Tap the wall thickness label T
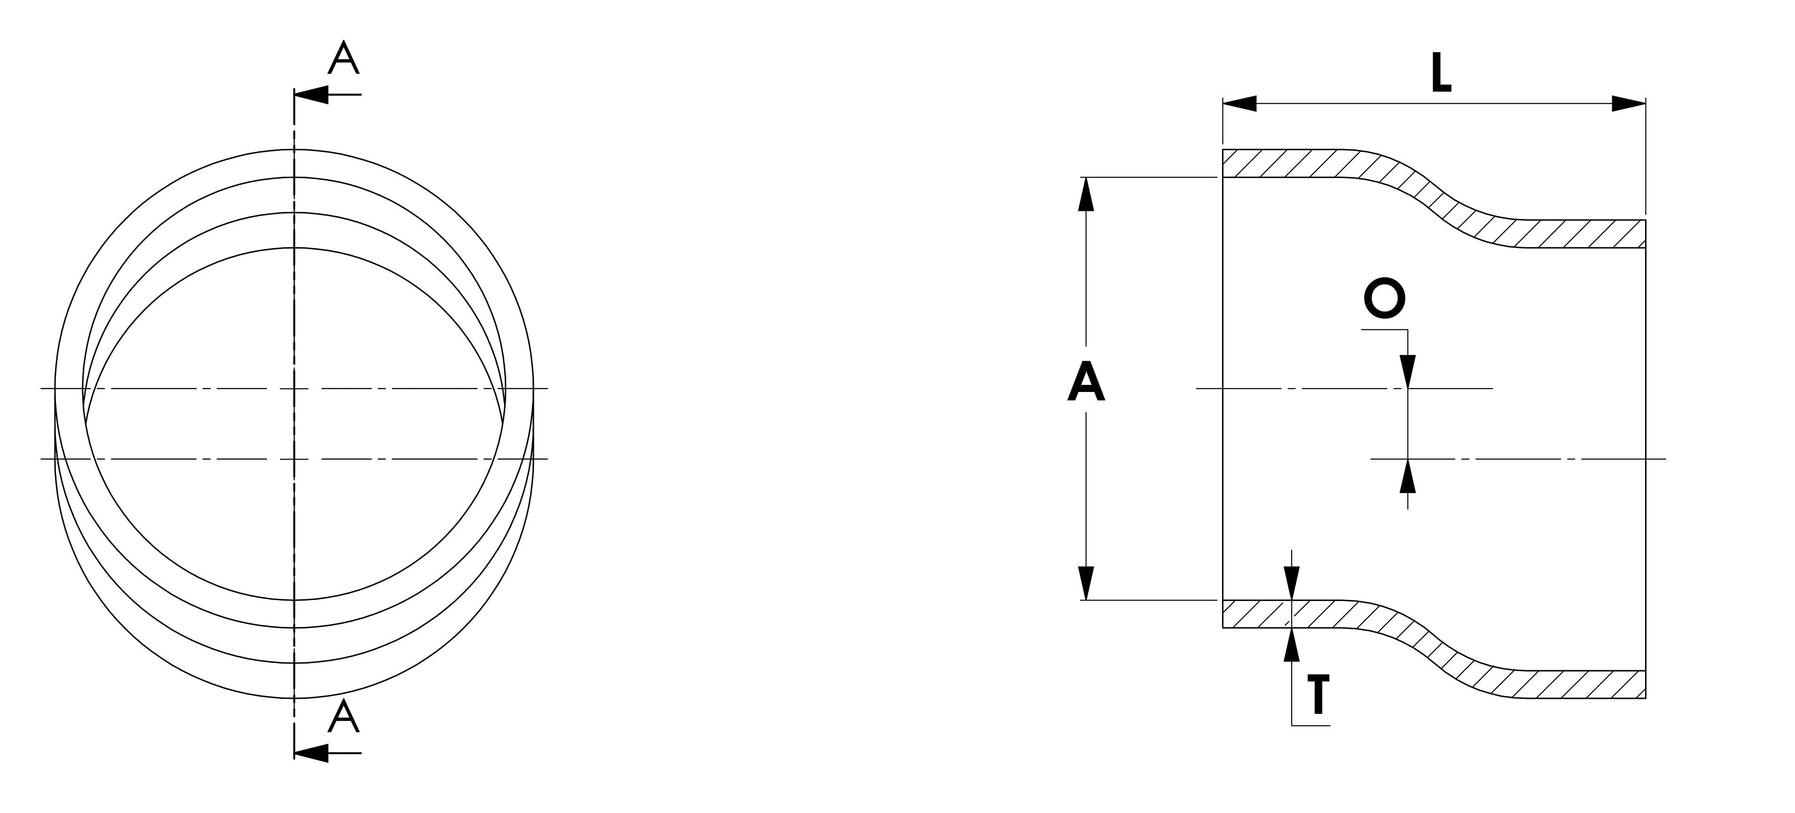tap(1317, 695)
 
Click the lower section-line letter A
tap(344, 718)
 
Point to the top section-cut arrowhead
tap(311, 94)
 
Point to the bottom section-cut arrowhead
tap(311, 753)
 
